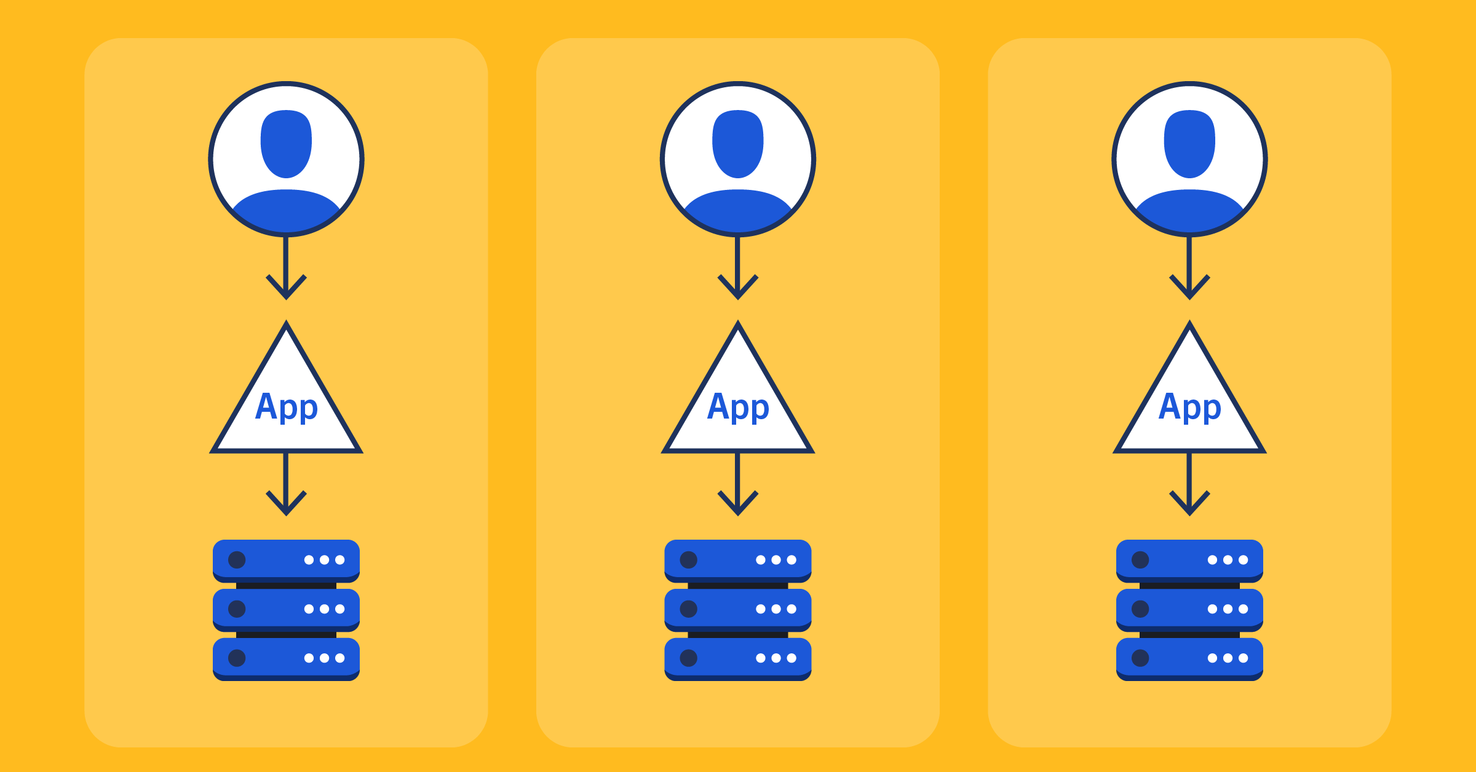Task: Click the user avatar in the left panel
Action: [x=286, y=159]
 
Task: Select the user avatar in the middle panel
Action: [x=738, y=159]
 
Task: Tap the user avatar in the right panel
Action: [x=1189, y=159]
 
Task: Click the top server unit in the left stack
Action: [x=286, y=560]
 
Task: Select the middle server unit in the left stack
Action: [x=286, y=609]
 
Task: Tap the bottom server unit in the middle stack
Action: [x=738, y=658]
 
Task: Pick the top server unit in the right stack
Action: [x=1189, y=560]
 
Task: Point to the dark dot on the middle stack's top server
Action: [x=688, y=560]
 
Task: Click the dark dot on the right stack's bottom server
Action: [x=1140, y=658]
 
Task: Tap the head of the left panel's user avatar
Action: [x=286, y=143]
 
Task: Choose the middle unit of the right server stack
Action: [x=1189, y=609]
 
